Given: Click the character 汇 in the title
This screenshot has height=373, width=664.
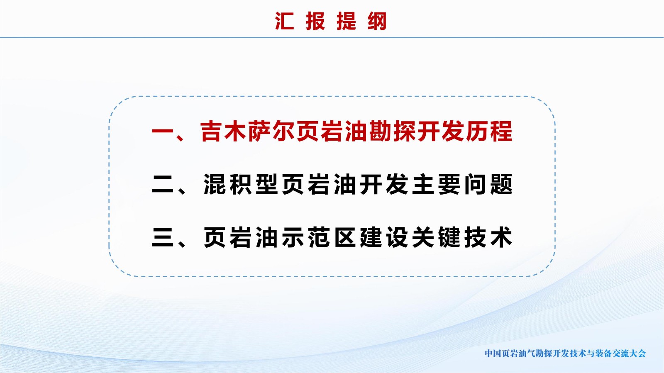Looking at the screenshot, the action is click(x=285, y=21).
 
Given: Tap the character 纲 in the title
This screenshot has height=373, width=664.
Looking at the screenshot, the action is click(x=377, y=21).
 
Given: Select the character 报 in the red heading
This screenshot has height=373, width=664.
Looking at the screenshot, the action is click(x=316, y=21).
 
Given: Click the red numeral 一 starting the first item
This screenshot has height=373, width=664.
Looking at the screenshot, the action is click(x=163, y=131).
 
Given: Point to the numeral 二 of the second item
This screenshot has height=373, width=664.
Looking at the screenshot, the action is click(x=163, y=184).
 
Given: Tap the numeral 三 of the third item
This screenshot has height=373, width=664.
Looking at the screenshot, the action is click(x=163, y=237).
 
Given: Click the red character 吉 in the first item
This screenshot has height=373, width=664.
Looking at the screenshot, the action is click(x=211, y=131).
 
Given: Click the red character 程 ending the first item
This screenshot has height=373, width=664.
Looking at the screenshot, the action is click(x=502, y=131).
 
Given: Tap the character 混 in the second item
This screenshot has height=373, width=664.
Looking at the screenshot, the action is click(x=215, y=184).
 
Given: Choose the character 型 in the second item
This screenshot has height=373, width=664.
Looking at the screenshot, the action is click(x=267, y=184).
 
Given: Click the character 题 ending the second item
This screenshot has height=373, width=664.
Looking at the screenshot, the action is click(x=502, y=184).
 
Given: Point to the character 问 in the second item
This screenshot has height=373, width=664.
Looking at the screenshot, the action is click(x=476, y=184).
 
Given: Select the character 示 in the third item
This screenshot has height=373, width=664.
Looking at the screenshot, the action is click(x=293, y=237).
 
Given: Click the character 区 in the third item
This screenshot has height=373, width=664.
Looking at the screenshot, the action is click(x=345, y=237).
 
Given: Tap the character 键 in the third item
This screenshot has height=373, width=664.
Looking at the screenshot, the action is click(x=449, y=237).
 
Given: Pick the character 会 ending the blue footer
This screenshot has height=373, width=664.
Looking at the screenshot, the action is click(x=642, y=353).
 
